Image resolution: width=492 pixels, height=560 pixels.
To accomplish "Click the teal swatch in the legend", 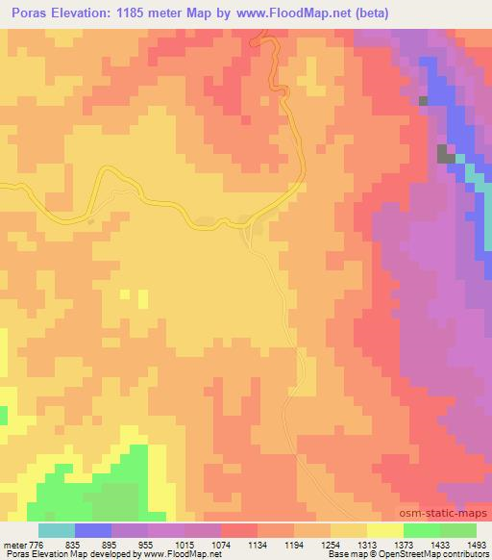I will coord(57,529).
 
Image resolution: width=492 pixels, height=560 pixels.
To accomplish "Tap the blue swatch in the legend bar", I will coord(93,529).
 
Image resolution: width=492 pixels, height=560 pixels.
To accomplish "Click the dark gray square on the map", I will coord(445,152).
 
